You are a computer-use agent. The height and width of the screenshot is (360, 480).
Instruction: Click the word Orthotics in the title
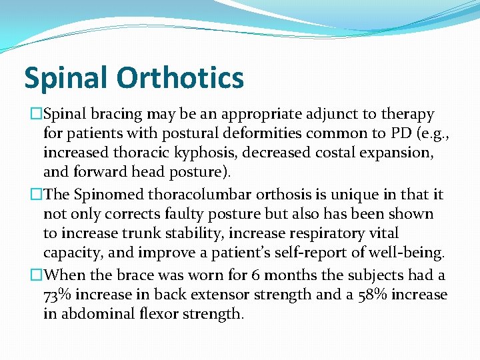181,78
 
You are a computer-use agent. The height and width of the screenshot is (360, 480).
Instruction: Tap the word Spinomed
104,195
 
